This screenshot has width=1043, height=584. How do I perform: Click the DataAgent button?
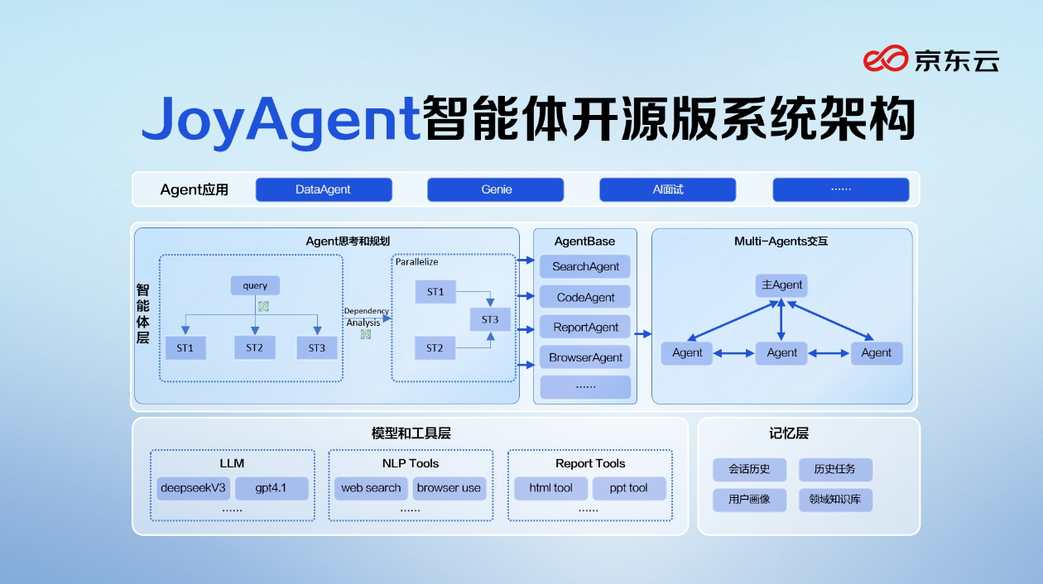(323, 189)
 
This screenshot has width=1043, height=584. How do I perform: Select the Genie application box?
(495, 189)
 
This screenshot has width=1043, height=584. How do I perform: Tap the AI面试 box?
(667, 189)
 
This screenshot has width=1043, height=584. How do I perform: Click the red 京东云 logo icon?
(886, 60)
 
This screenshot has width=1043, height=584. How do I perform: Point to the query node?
(255, 285)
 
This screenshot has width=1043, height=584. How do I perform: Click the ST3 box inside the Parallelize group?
(490, 319)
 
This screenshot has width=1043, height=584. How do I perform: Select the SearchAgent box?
(585, 266)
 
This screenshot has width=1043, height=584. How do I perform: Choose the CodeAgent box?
(585, 297)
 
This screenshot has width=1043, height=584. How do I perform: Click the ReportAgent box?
(585, 327)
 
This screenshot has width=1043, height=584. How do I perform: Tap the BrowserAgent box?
(585, 357)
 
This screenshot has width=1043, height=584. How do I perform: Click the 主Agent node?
(781, 285)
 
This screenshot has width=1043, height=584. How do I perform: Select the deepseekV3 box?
(193, 488)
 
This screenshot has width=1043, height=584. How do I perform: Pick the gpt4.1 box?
(271, 488)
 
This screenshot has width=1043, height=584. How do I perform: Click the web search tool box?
(371, 488)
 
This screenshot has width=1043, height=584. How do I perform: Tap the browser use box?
(449, 488)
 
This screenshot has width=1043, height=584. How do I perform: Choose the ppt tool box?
(628, 488)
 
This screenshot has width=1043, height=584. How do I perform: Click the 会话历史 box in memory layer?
(749, 469)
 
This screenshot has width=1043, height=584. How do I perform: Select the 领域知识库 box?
(835, 500)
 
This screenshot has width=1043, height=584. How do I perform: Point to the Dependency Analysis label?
(366, 317)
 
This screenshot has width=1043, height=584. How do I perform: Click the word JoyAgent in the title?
(281, 121)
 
